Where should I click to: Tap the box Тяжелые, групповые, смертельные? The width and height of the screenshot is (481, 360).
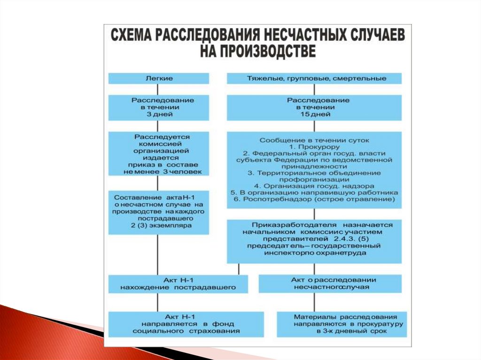(x=314, y=78)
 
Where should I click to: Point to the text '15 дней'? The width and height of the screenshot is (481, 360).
(x=314, y=114)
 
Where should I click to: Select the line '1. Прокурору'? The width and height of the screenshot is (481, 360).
(x=314, y=147)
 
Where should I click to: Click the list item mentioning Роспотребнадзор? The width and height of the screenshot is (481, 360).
(x=314, y=199)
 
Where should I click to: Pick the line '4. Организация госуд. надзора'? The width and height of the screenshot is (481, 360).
(x=314, y=186)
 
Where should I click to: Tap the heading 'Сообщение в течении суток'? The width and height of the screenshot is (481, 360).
(x=314, y=140)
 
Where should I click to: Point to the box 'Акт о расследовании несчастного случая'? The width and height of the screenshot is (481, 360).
(x=330, y=283)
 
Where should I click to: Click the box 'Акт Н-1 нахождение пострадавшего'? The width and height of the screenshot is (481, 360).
(x=178, y=283)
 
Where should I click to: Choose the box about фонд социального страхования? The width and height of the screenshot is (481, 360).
(x=178, y=324)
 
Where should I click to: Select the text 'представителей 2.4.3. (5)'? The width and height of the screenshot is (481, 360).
(x=314, y=238)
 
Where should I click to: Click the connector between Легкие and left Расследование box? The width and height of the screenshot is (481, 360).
(x=156, y=89)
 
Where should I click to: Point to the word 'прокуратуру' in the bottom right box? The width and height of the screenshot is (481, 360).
(x=376, y=324)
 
